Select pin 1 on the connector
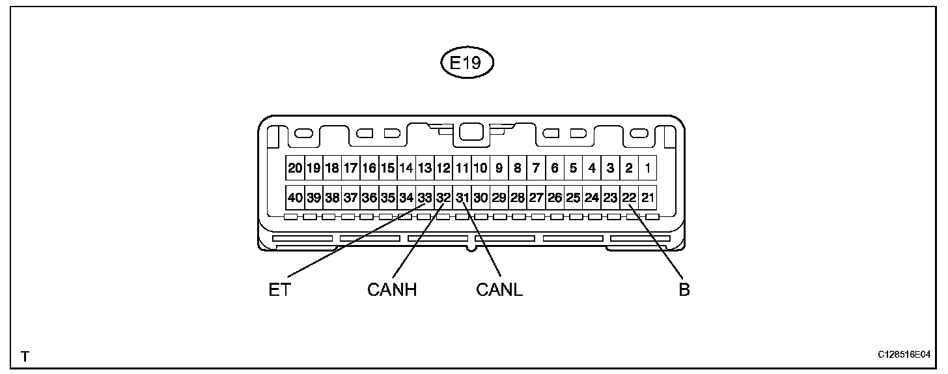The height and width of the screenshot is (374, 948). point(647,168)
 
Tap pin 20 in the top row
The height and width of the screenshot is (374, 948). point(295,168)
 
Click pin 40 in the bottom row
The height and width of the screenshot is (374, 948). point(295,197)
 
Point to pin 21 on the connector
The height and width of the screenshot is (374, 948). point(647,197)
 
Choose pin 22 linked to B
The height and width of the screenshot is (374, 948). point(629,197)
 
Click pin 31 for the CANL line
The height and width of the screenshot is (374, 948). point(462,197)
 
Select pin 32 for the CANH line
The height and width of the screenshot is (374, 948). point(443,197)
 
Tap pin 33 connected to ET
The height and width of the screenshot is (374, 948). point(425,197)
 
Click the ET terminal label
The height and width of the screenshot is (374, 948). point(279,289)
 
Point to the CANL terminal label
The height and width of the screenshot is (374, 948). point(499,289)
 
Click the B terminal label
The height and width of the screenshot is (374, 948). point(684,289)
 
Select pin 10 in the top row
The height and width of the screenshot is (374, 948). point(481,168)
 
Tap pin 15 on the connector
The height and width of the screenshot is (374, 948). point(387,168)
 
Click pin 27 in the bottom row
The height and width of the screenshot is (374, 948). point(536,197)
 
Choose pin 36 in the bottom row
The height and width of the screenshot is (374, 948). point(369,197)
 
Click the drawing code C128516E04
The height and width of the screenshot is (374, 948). point(904,355)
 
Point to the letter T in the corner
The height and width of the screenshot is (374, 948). point(25,356)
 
